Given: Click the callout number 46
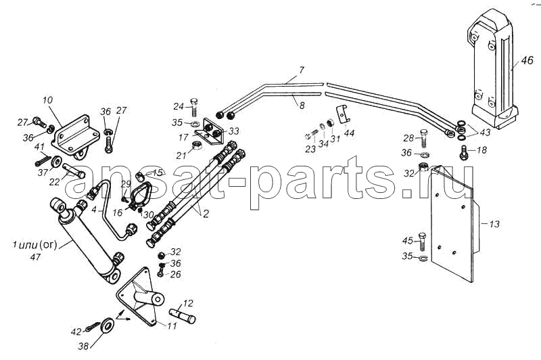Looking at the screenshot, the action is (x=527, y=61).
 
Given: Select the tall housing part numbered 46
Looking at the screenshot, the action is (x=494, y=69).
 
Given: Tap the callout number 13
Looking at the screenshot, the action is (x=494, y=224).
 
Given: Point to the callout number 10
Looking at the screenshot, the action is (x=47, y=100).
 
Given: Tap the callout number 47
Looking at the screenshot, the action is (x=36, y=256).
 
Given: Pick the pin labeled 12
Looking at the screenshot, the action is (x=182, y=316).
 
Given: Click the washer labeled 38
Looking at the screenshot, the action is (x=106, y=326).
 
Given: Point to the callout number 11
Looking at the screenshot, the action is (x=172, y=326).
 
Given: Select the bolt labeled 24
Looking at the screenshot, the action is (x=195, y=107).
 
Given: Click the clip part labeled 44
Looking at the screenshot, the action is (x=344, y=114).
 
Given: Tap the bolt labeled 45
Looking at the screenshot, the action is (x=422, y=242).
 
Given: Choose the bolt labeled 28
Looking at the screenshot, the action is (x=424, y=139).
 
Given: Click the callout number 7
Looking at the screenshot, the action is (x=302, y=70).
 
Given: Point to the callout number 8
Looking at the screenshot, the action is (x=302, y=106).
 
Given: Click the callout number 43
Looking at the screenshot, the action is (x=485, y=132).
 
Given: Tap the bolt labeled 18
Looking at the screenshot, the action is (x=463, y=152).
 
